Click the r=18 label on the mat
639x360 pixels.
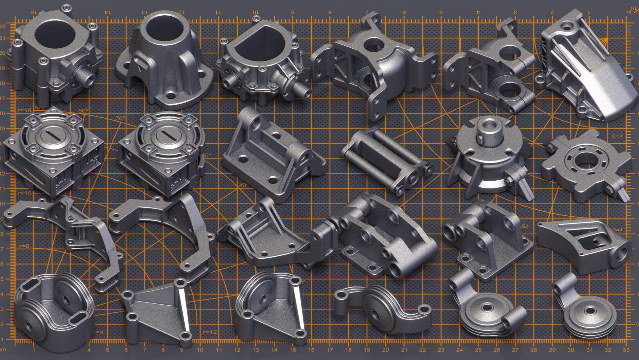pos(25,110)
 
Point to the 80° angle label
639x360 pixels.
pos(83,111)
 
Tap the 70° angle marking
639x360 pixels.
pos(120,118)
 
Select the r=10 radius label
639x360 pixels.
pos(25,193)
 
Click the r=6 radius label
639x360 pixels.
pos(24,246)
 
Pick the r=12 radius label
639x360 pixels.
pos(210,332)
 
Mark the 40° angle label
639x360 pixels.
pos(243,185)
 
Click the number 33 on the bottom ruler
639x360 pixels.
pos(626,350)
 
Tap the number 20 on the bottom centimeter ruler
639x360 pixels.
pos(386,350)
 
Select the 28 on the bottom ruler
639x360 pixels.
pos(534,350)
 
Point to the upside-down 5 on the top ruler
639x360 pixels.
pos(441,12)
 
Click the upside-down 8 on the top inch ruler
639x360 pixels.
pos(330,12)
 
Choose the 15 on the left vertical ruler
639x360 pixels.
pos(3,128)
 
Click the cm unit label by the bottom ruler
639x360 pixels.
pos(3,350)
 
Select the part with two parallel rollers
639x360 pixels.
pos(385,158)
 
